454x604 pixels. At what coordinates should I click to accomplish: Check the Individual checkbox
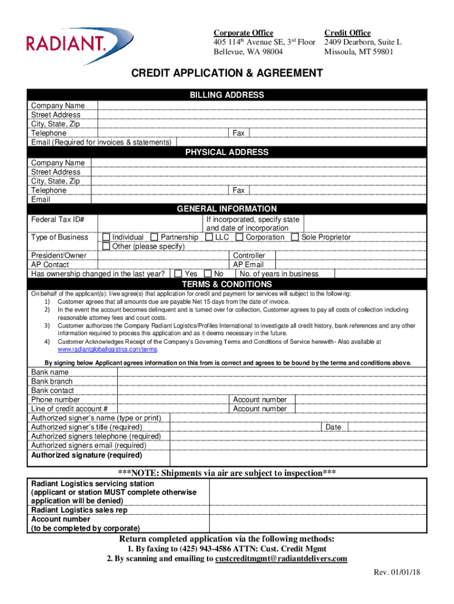click(x=106, y=237)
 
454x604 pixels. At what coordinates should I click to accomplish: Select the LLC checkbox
click(x=209, y=237)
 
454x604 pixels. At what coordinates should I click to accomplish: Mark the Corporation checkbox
click(x=239, y=237)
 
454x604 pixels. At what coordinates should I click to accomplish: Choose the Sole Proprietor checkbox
click(x=295, y=237)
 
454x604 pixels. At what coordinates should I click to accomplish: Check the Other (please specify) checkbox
click(x=106, y=247)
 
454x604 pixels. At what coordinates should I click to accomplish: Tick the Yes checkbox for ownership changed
click(x=178, y=274)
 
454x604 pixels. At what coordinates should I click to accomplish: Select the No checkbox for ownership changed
click(x=208, y=274)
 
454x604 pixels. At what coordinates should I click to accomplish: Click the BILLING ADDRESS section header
click(x=226, y=95)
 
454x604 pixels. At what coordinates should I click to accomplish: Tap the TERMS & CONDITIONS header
click(x=226, y=284)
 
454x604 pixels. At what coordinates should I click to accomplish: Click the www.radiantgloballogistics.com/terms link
click(x=107, y=350)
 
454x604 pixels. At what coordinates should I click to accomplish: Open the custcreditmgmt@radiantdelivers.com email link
click(x=281, y=559)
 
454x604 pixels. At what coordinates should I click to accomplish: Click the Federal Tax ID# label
click(x=57, y=219)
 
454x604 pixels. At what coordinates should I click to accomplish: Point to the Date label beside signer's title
click(x=333, y=427)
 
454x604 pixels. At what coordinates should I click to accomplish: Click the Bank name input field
click(x=271, y=372)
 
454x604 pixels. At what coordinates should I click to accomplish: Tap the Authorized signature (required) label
click(x=87, y=455)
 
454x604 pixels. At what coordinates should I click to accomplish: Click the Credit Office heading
click(x=347, y=33)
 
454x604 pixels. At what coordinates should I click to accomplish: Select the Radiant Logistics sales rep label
click(x=79, y=510)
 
